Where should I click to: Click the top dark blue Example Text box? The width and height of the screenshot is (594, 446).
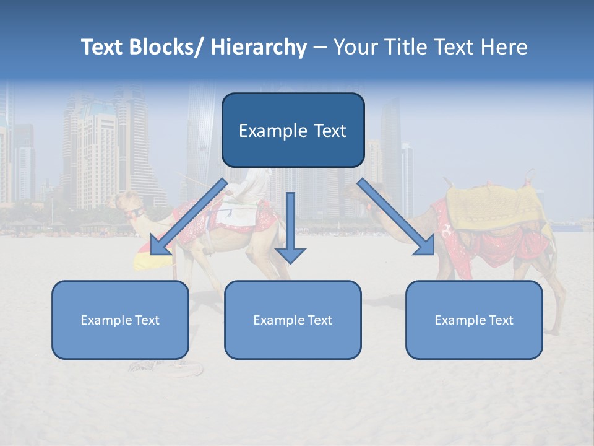tap(293, 130)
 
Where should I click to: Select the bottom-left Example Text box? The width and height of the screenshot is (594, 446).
tap(120, 320)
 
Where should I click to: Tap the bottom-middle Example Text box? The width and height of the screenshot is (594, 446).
tap(293, 320)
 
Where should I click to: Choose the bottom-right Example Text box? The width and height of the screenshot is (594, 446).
tap(474, 320)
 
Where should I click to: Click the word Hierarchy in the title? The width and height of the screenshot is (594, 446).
tap(259, 47)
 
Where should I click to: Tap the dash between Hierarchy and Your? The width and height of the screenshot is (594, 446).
tap(320, 47)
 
